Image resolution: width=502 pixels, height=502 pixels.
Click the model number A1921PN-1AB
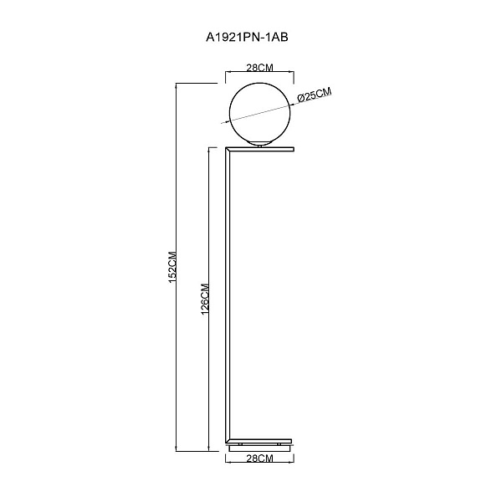[x=247, y=38]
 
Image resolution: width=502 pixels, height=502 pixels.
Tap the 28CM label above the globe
[x=259, y=68]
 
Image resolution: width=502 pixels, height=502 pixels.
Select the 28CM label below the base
[x=259, y=458]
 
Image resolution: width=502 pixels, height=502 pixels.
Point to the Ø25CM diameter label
[x=314, y=95]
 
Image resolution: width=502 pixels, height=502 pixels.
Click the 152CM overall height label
[x=172, y=268]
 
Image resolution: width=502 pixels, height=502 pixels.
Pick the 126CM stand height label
[x=205, y=299]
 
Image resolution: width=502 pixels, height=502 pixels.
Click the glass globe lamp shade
[x=260, y=114]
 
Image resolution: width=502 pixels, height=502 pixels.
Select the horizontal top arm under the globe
[x=260, y=149]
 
